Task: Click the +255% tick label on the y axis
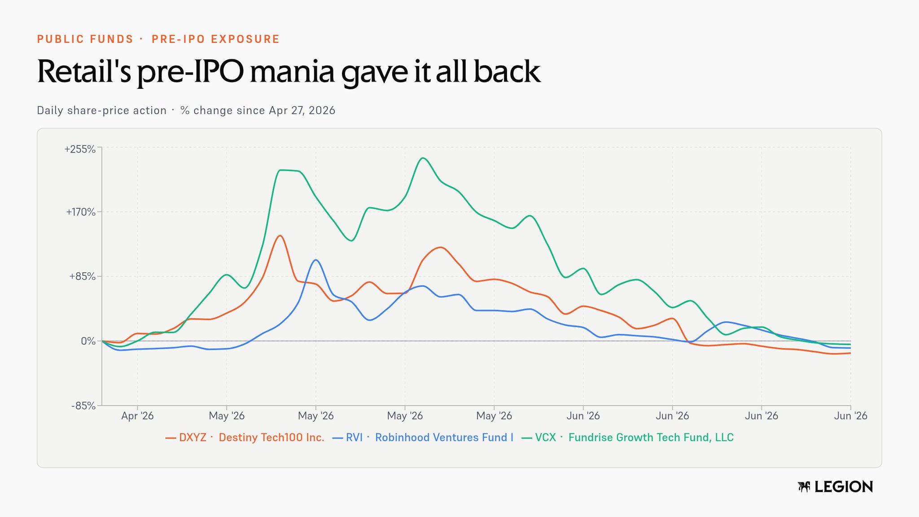(x=80, y=149)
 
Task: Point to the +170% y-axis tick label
(x=81, y=212)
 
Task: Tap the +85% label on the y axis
(x=82, y=276)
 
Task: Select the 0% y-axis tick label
(x=88, y=341)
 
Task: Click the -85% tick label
(x=83, y=406)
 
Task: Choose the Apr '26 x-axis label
(x=137, y=416)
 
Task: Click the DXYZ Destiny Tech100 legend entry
(x=245, y=438)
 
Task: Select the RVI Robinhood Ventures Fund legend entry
(x=423, y=438)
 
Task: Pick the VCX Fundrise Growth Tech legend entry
(x=627, y=438)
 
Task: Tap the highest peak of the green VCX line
(x=422, y=158)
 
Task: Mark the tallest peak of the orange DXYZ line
(x=280, y=236)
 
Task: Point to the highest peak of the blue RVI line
(x=316, y=260)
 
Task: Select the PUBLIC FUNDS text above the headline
(x=85, y=39)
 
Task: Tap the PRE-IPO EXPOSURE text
(x=215, y=39)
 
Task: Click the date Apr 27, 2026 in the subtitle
(x=302, y=111)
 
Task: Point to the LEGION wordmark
(x=844, y=487)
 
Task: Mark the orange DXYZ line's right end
(x=850, y=353)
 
